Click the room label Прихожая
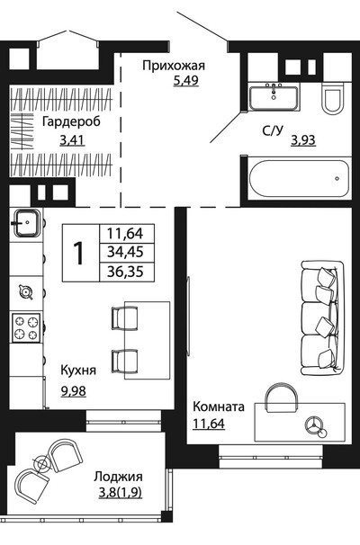tap(174, 66)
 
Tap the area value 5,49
tap(185, 81)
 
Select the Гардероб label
tap(71, 122)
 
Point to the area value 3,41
tap(72, 140)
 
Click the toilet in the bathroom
tap(332, 98)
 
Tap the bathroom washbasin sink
tap(274, 97)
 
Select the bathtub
tap(299, 178)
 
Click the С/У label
tap(273, 131)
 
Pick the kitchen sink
tap(27, 223)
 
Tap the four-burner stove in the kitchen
tap(26, 327)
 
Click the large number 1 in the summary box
tap(80, 253)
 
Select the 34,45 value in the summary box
tap(125, 252)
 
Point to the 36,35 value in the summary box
tap(125, 271)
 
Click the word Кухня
tap(78, 371)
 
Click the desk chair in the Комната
tap(282, 398)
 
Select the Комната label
tap(219, 407)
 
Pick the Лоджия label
tap(118, 478)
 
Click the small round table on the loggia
tap(42, 463)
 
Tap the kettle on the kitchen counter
tap(26, 291)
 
